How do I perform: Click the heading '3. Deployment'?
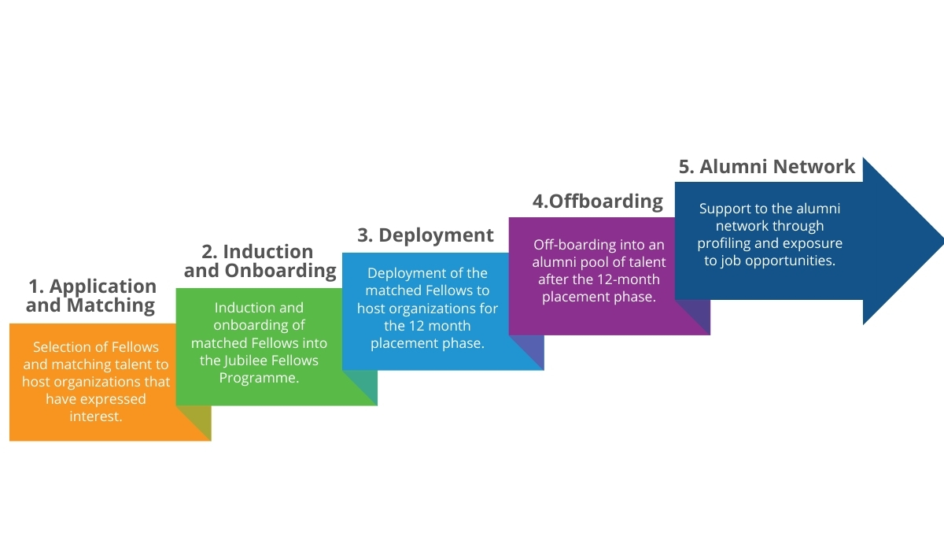pyautogui.click(x=426, y=235)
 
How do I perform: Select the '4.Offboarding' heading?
pyautogui.click(x=598, y=201)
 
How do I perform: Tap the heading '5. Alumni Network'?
pyautogui.click(x=766, y=167)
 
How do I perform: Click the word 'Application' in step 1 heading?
pyautogui.click(x=103, y=287)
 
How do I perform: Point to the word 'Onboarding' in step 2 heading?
pyautogui.click(x=280, y=271)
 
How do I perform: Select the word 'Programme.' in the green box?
pyautogui.click(x=259, y=378)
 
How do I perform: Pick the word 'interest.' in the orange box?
pyautogui.click(x=96, y=416)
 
